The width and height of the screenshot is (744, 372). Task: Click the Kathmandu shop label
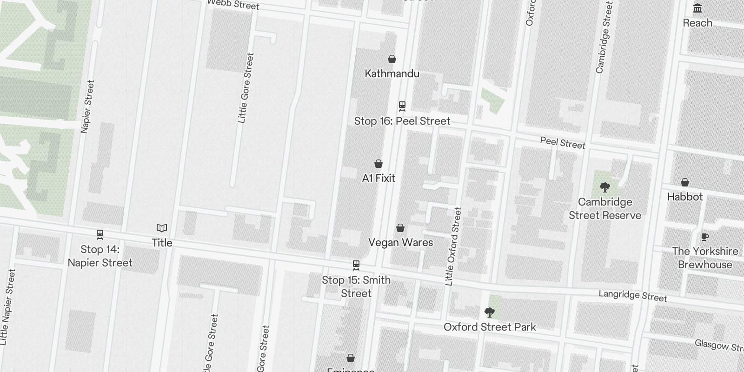pos(392,73)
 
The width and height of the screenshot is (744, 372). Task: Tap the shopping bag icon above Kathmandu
pos(392,59)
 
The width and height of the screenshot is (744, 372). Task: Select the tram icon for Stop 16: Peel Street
pos(402,106)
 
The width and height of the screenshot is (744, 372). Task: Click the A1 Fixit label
pos(379,178)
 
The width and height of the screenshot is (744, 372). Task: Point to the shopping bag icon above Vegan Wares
pos(400,228)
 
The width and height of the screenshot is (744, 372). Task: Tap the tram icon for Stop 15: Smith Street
pos(356,265)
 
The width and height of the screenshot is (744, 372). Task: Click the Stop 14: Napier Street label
pos(100,256)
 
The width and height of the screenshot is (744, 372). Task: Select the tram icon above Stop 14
pos(100,234)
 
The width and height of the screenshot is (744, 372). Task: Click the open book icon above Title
pos(162,228)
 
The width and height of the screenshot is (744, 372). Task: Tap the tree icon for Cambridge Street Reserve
pos(605,187)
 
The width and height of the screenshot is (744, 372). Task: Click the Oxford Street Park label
pos(490,327)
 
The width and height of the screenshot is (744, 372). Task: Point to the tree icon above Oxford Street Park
pos(489,312)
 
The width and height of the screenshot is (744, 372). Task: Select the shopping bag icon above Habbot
pos(685,182)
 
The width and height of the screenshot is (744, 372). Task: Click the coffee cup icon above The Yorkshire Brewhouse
pos(705,237)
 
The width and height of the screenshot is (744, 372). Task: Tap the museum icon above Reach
pos(697,8)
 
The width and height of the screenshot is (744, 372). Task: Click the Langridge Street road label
pos(632,296)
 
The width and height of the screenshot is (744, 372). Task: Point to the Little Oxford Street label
pos(453,246)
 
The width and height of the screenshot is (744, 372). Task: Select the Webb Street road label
pos(232,4)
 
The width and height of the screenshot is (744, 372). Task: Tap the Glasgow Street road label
pos(718,345)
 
